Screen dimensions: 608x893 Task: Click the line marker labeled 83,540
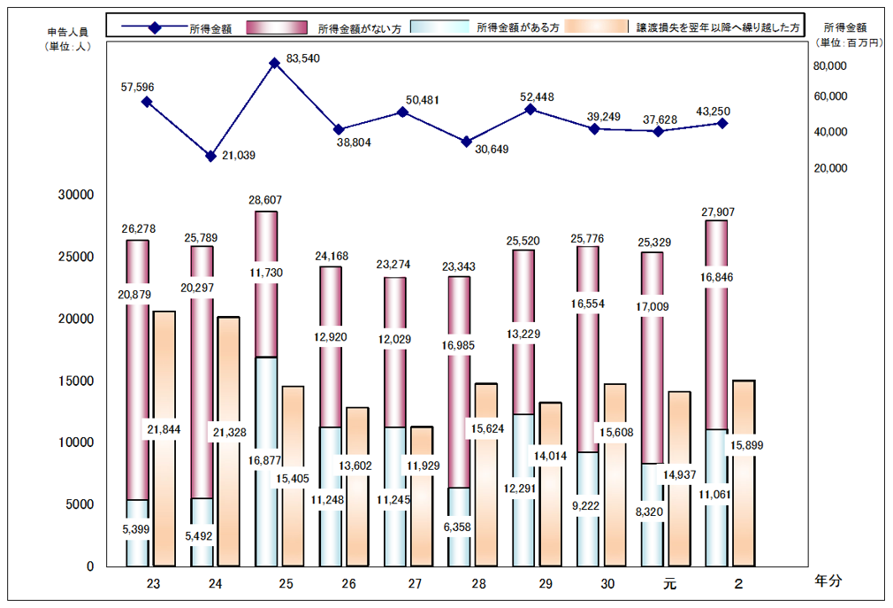pyautogui.click(x=274, y=63)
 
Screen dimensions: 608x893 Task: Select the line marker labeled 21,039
pyautogui.click(x=210, y=156)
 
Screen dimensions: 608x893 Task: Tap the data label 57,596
pyautogui.click(x=137, y=87)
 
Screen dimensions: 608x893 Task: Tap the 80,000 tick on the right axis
pyautogui.click(x=830, y=65)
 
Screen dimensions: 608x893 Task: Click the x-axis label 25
pyautogui.click(x=286, y=584)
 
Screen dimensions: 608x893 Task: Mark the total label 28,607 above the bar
pyautogui.click(x=266, y=201)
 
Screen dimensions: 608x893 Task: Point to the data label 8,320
pyautogui.click(x=651, y=512)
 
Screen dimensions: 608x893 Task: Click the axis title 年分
pyautogui.click(x=828, y=581)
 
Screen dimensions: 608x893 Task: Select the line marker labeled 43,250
pyautogui.click(x=722, y=123)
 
